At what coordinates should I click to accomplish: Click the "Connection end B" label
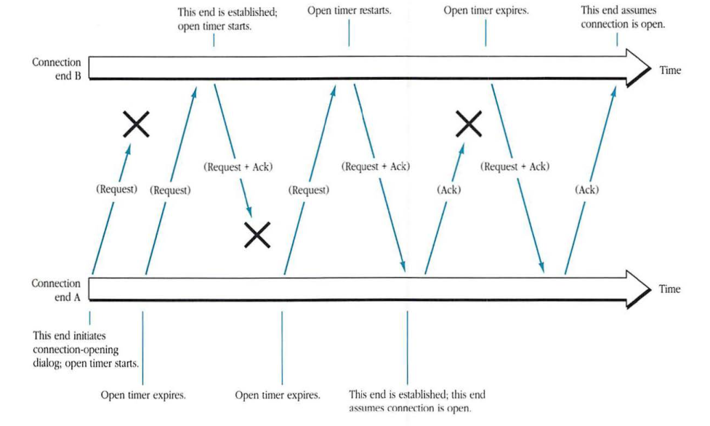click(x=57, y=68)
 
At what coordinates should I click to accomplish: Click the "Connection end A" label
click(x=56, y=289)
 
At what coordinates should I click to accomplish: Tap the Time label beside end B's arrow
click(x=670, y=71)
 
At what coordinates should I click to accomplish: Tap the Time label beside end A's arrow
click(x=669, y=289)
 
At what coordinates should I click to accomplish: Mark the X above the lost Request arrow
click(x=136, y=125)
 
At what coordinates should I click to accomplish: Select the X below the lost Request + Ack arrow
click(x=257, y=234)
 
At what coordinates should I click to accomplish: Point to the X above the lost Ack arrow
click(x=469, y=124)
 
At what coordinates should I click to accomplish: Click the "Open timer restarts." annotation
click(x=350, y=12)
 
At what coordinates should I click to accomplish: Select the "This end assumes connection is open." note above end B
click(x=623, y=17)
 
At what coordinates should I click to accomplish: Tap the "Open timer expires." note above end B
click(x=485, y=12)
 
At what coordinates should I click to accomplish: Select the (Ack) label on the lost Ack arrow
click(x=448, y=190)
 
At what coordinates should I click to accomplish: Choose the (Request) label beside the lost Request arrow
click(x=116, y=190)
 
